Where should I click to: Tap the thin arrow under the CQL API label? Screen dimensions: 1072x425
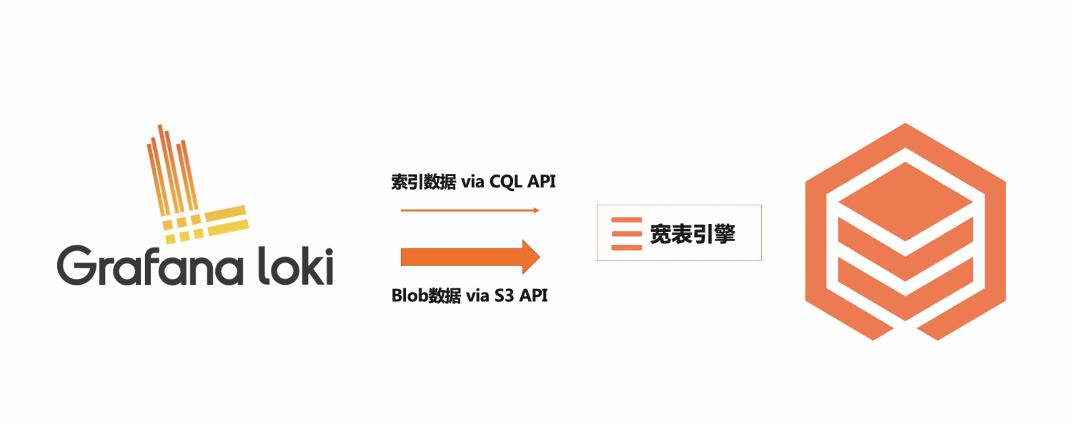[470, 210]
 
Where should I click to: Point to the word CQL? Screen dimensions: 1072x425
[507, 182]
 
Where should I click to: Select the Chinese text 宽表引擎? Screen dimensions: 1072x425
[693, 234]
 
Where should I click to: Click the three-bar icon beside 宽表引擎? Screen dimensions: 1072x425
[626, 234]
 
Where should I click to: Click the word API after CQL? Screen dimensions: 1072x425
[542, 182]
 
